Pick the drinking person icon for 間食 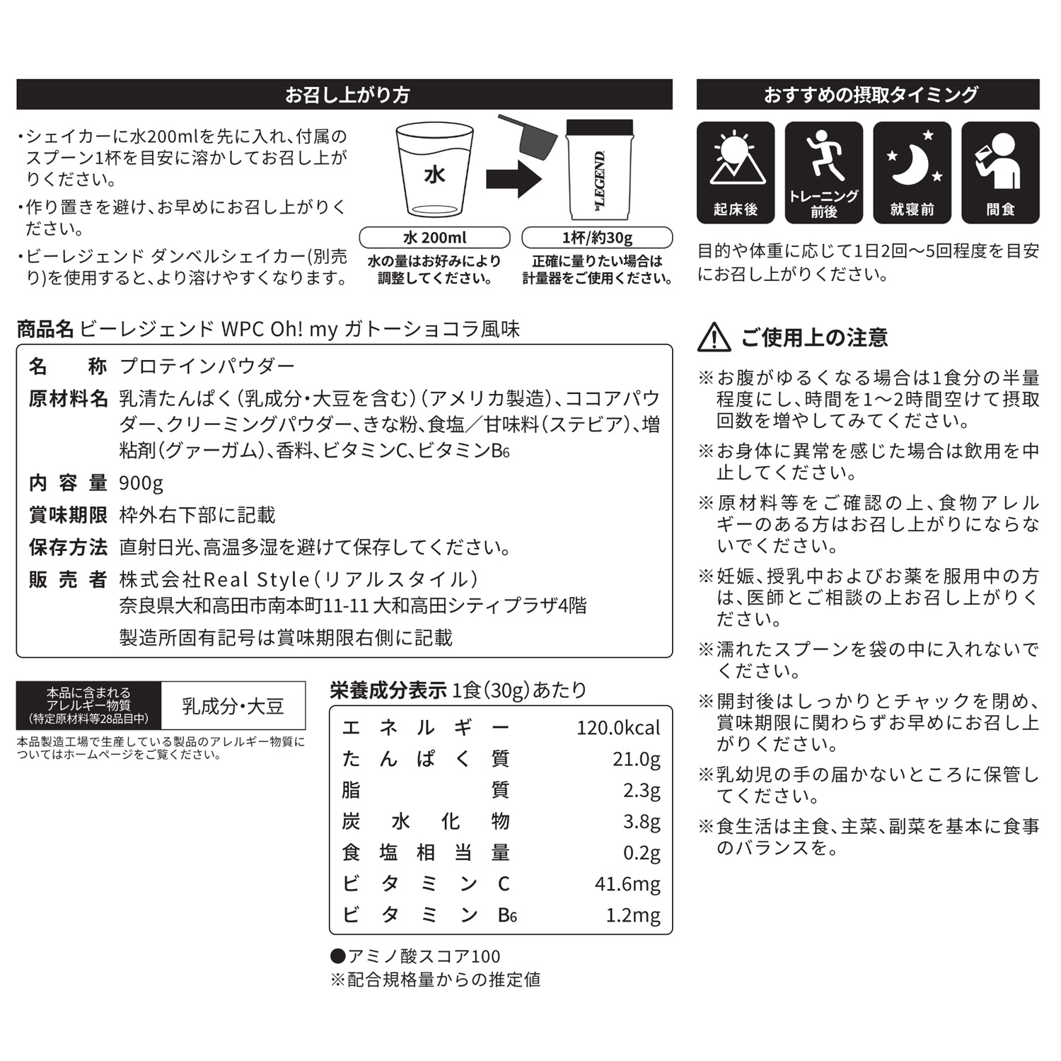pyautogui.click(x=1000, y=159)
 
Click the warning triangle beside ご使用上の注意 pyautogui.click(x=714, y=337)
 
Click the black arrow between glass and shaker pyautogui.click(x=513, y=178)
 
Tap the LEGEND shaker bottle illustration pyautogui.click(x=600, y=173)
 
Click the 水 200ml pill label pyautogui.click(x=434, y=237)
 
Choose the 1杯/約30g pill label pyautogui.click(x=597, y=237)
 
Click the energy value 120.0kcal pyautogui.click(x=618, y=728)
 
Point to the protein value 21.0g pyautogui.click(x=636, y=759)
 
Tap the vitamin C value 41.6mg pyautogui.click(x=627, y=883)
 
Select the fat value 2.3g pyautogui.click(x=641, y=790)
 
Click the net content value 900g pyautogui.click(x=141, y=483)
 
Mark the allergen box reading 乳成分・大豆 pyautogui.click(x=233, y=705)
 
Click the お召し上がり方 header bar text pyautogui.click(x=347, y=95)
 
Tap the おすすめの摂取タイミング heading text pyautogui.click(x=870, y=95)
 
